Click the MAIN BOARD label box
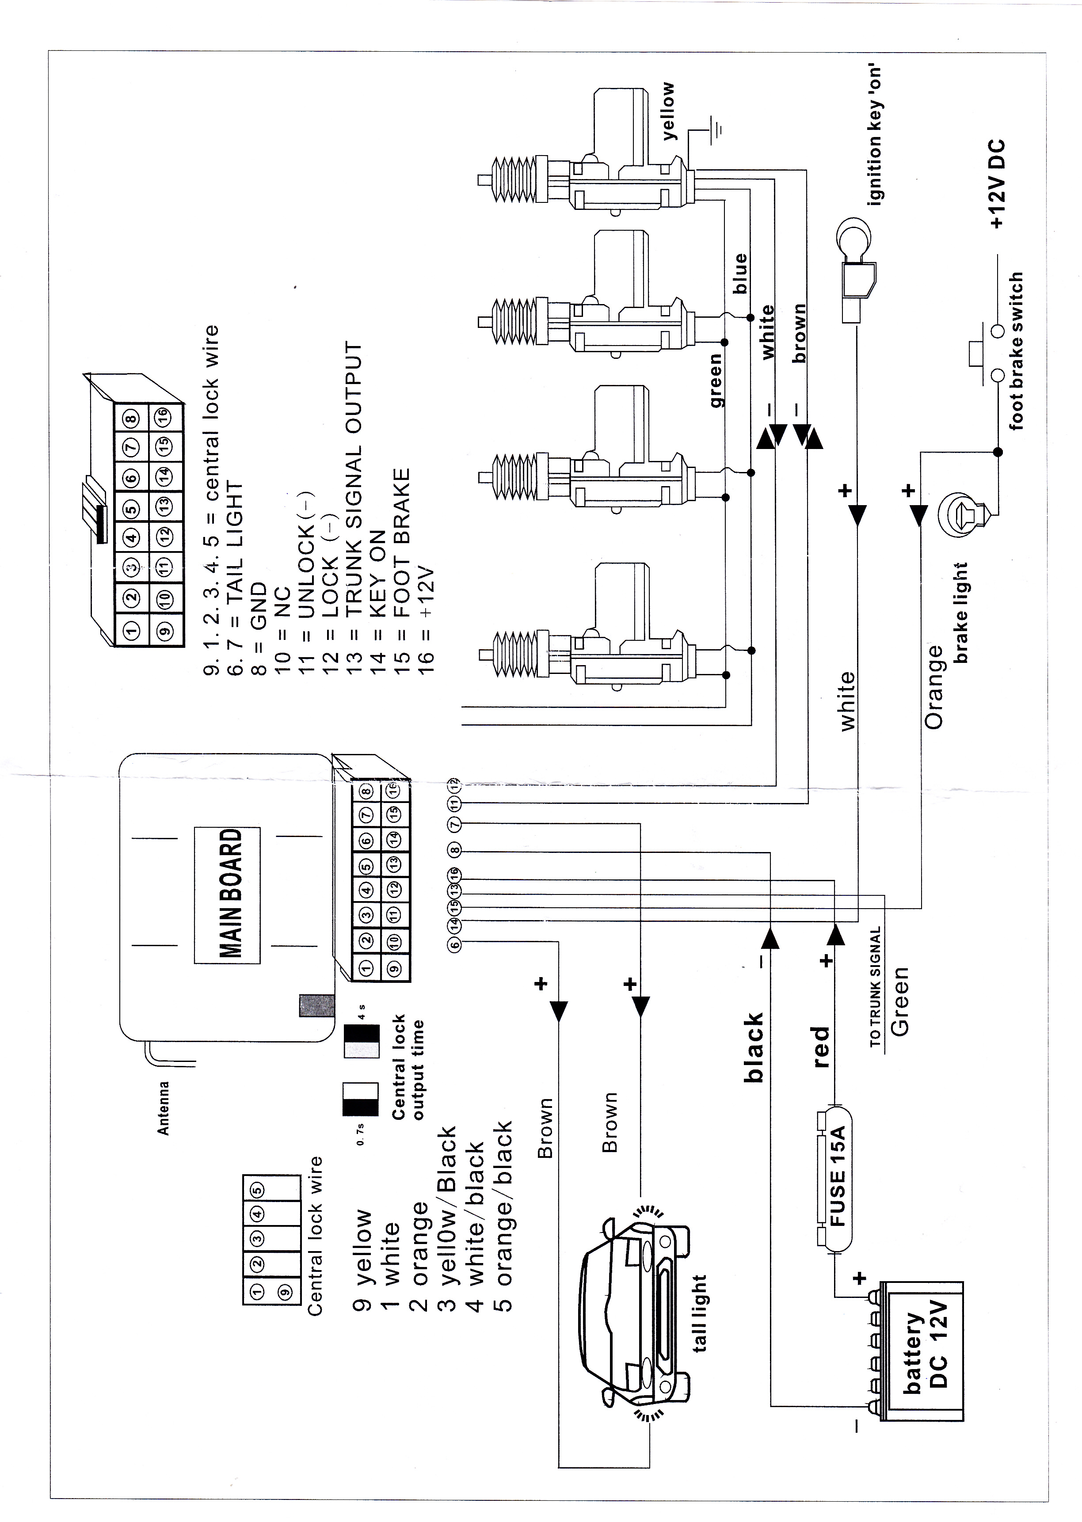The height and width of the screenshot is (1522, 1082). [227, 894]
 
